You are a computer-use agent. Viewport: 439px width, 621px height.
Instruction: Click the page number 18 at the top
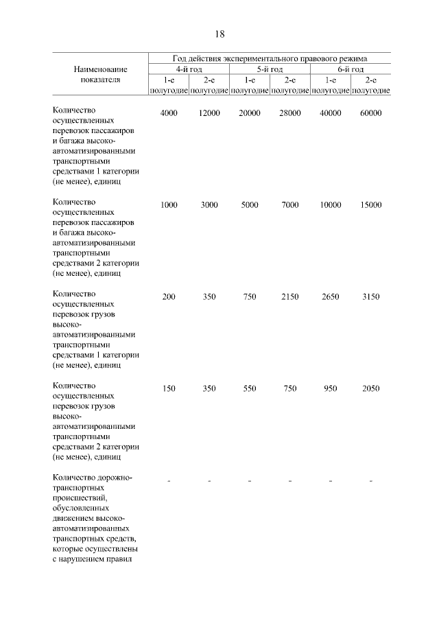[219, 34]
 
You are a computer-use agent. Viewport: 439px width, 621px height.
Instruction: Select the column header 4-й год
[189, 69]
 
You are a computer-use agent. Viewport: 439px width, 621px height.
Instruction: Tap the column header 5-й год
[270, 69]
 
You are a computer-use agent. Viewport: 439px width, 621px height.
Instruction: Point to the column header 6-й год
[351, 69]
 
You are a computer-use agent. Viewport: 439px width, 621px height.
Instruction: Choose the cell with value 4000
[169, 113]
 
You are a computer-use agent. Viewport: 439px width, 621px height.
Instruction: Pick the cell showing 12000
[209, 113]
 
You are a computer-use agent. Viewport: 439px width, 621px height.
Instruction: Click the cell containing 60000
[370, 113]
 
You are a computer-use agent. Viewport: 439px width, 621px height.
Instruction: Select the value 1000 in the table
[169, 205]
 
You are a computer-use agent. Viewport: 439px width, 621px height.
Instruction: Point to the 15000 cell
[370, 205]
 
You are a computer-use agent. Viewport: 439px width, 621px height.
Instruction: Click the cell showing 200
[169, 296]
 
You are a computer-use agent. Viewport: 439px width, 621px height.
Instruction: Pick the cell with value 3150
[370, 296]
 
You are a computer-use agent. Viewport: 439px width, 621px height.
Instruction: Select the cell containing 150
[169, 388]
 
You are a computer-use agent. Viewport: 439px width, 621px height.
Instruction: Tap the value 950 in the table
[330, 388]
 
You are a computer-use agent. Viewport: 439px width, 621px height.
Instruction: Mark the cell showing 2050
[370, 388]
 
